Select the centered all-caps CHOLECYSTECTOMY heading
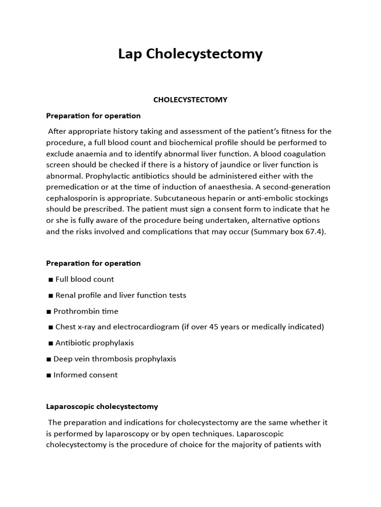(x=190, y=100)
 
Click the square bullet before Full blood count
(x=51, y=280)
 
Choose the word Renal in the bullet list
(x=66, y=296)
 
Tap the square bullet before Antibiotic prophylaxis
(x=51, y=343)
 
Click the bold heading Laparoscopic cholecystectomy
(x=102, y=406)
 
